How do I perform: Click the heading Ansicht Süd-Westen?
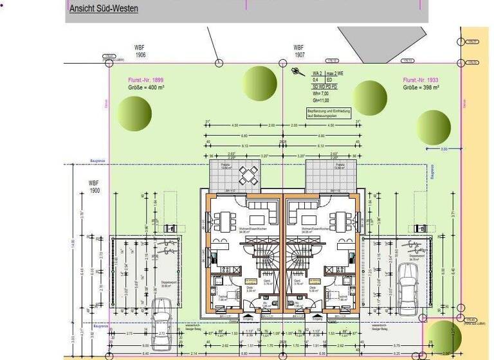[103, 10]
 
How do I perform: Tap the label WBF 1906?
[140, 51]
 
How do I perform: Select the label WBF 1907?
[298, 51]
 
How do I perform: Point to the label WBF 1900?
[95, 187]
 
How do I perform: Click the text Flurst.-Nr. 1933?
[422, 80]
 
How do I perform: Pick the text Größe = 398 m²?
[421, 87]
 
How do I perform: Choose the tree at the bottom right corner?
[444, 336]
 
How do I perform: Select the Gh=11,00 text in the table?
[321, 101]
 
